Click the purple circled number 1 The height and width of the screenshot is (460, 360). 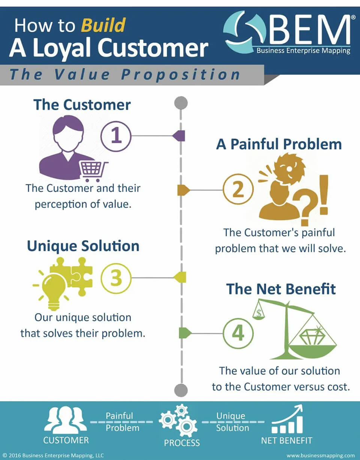point(116,136)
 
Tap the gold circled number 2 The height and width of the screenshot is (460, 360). point(238,190)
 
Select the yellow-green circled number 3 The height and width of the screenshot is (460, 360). point(116,278)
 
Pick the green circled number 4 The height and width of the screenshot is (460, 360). point(238,333)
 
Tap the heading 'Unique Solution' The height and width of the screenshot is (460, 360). point(83,246)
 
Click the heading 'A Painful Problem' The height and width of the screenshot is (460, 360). point(279,144)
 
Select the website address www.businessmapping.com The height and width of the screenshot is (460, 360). point(320,456)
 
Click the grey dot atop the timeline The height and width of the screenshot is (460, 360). point(181,102)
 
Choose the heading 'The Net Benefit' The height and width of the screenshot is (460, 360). point(281,289)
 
